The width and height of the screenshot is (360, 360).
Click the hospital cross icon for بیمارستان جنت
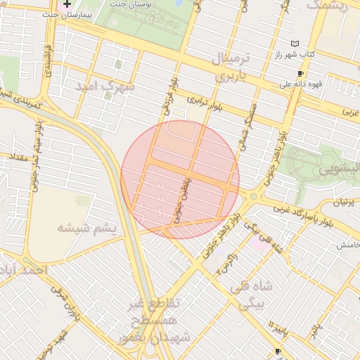(x=67, y=4)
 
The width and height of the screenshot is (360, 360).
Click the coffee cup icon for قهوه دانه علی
(x=300, y=73)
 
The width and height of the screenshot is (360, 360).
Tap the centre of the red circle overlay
(x=180, y=179)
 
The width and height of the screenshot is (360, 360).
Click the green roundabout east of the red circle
(x=252, y=196)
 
